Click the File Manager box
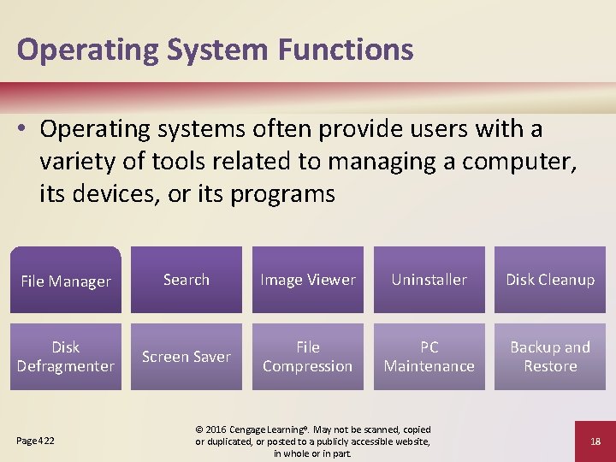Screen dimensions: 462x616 click(66, 280)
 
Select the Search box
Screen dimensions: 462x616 click(187, 280)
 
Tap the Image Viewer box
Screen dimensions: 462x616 click(308, 280)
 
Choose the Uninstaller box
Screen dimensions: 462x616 click(429, 280)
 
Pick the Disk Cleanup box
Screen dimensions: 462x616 click(550, 280)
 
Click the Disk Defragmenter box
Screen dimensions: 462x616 click(66, 357)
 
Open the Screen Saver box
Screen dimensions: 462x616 click(187, 357)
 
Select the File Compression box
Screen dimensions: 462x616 click(308, 357)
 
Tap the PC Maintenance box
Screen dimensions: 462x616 click(429, 357)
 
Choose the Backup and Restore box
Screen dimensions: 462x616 click(550, 357)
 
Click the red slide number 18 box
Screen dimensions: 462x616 click(595, 441)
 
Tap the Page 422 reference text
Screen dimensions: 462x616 click(35, 441)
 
